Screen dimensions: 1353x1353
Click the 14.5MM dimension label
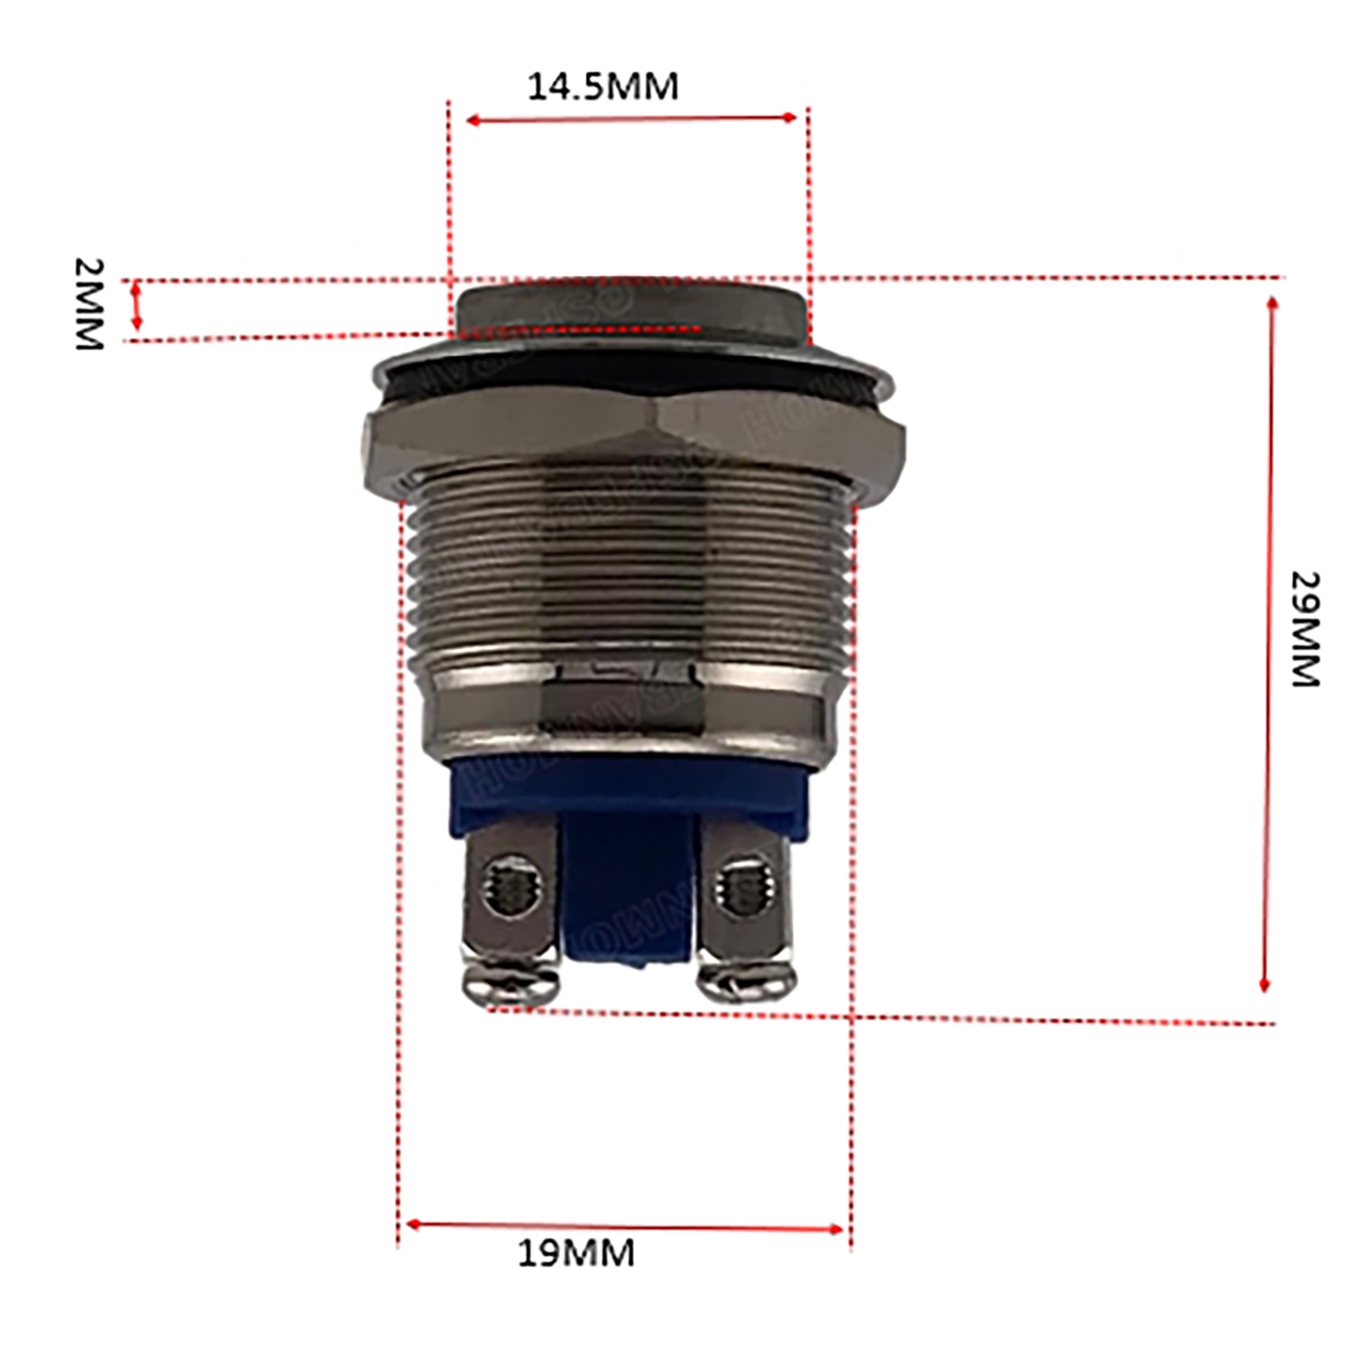(x=603, y=87)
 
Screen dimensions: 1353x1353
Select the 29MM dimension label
(x=1304, y=629)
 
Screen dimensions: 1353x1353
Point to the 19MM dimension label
(x=575, y=1253)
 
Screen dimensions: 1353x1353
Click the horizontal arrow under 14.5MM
(x=631, y=119)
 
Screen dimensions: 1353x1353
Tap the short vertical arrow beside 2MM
(x=137, y=306)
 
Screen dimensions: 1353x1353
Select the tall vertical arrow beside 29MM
(x=1268, y=644)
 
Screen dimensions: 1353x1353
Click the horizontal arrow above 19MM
(x=624, y=1226)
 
